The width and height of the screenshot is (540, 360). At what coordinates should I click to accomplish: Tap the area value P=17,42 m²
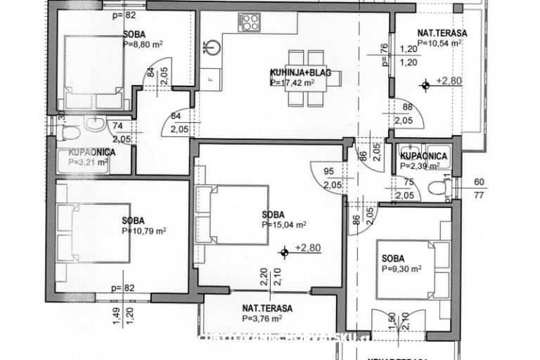point(292,82)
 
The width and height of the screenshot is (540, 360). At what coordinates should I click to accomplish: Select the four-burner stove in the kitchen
point(249,23)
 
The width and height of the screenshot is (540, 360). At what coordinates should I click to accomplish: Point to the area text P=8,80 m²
point(143,44)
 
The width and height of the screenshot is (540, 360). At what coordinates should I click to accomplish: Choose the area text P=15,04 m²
point(283,225)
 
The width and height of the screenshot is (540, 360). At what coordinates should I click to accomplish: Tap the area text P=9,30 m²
point(401,269)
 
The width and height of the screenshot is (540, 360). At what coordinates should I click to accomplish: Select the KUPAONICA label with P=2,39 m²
point(423,156)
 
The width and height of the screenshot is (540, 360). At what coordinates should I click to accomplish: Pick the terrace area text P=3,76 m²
point(262,318)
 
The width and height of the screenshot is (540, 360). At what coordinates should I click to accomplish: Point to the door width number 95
point(329,170)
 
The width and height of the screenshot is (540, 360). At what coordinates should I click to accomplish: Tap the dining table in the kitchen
point(314,77)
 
